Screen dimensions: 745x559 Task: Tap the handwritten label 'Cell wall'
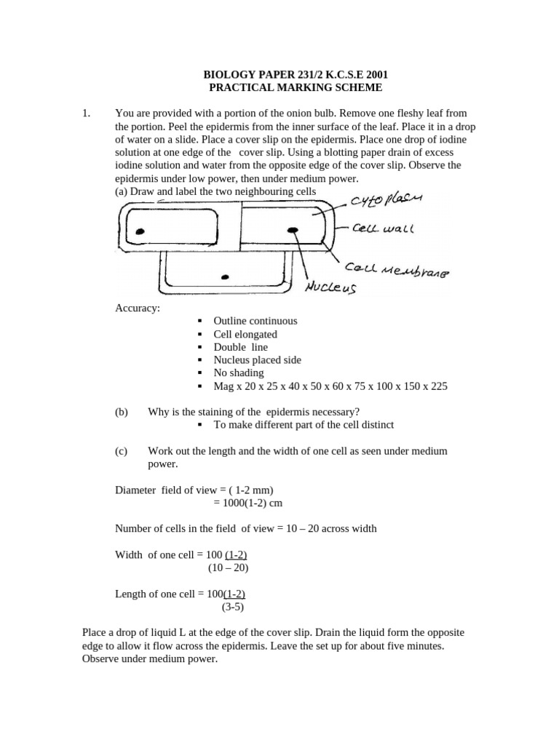[x=383, y=228]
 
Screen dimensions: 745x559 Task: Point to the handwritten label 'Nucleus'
[x=330, y=287]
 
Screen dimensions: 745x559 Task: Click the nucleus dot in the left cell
[x=140, y=231]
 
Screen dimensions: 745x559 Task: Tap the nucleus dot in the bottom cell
[x=225, y=276]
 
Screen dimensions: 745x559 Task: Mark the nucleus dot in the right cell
[x=293, y=231]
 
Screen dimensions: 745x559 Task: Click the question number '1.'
[x=87, y=113]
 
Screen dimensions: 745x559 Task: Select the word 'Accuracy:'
[x=138, y=308]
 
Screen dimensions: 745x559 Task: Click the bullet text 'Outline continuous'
[x=255, y=321]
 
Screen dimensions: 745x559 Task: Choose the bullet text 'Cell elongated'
[x=245, y=334]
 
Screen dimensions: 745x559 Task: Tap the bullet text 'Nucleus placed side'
[x=257, y=360]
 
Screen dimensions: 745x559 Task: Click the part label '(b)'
[x=122, y=412]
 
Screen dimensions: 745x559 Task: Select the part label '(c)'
[x=122, y=451]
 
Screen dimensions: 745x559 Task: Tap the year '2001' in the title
[x=375, y=73]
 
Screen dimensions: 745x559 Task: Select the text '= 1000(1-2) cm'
[x=247, y=503]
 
